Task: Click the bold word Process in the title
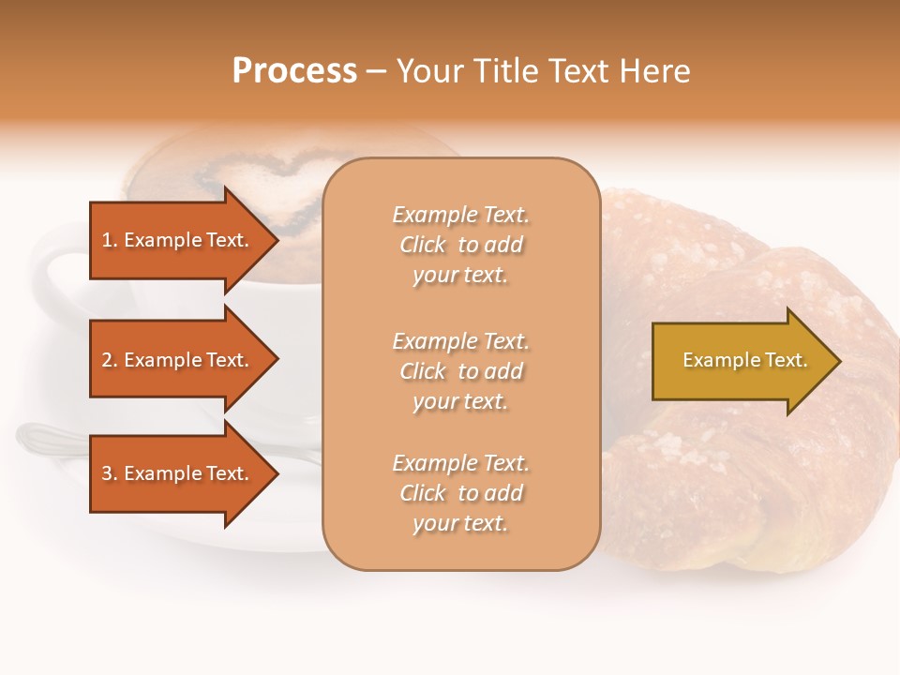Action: click(x=294, y=71)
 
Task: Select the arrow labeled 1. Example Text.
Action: click(x=178, y=240)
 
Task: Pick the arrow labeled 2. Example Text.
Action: click(x=178, y=360)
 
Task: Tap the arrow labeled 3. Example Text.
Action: click(x=178, y=473)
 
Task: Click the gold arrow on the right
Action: click(x=741, y=361)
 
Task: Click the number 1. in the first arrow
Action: click(x=110, y=240)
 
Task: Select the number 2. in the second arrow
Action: click(x=110, y=360)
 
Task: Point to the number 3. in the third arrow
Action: click(x=110, y=473)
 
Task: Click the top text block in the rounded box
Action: click(x=460, y=245)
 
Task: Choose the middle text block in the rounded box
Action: click(x=460, y=371)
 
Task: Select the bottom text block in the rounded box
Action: click(x=460, y=493)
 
